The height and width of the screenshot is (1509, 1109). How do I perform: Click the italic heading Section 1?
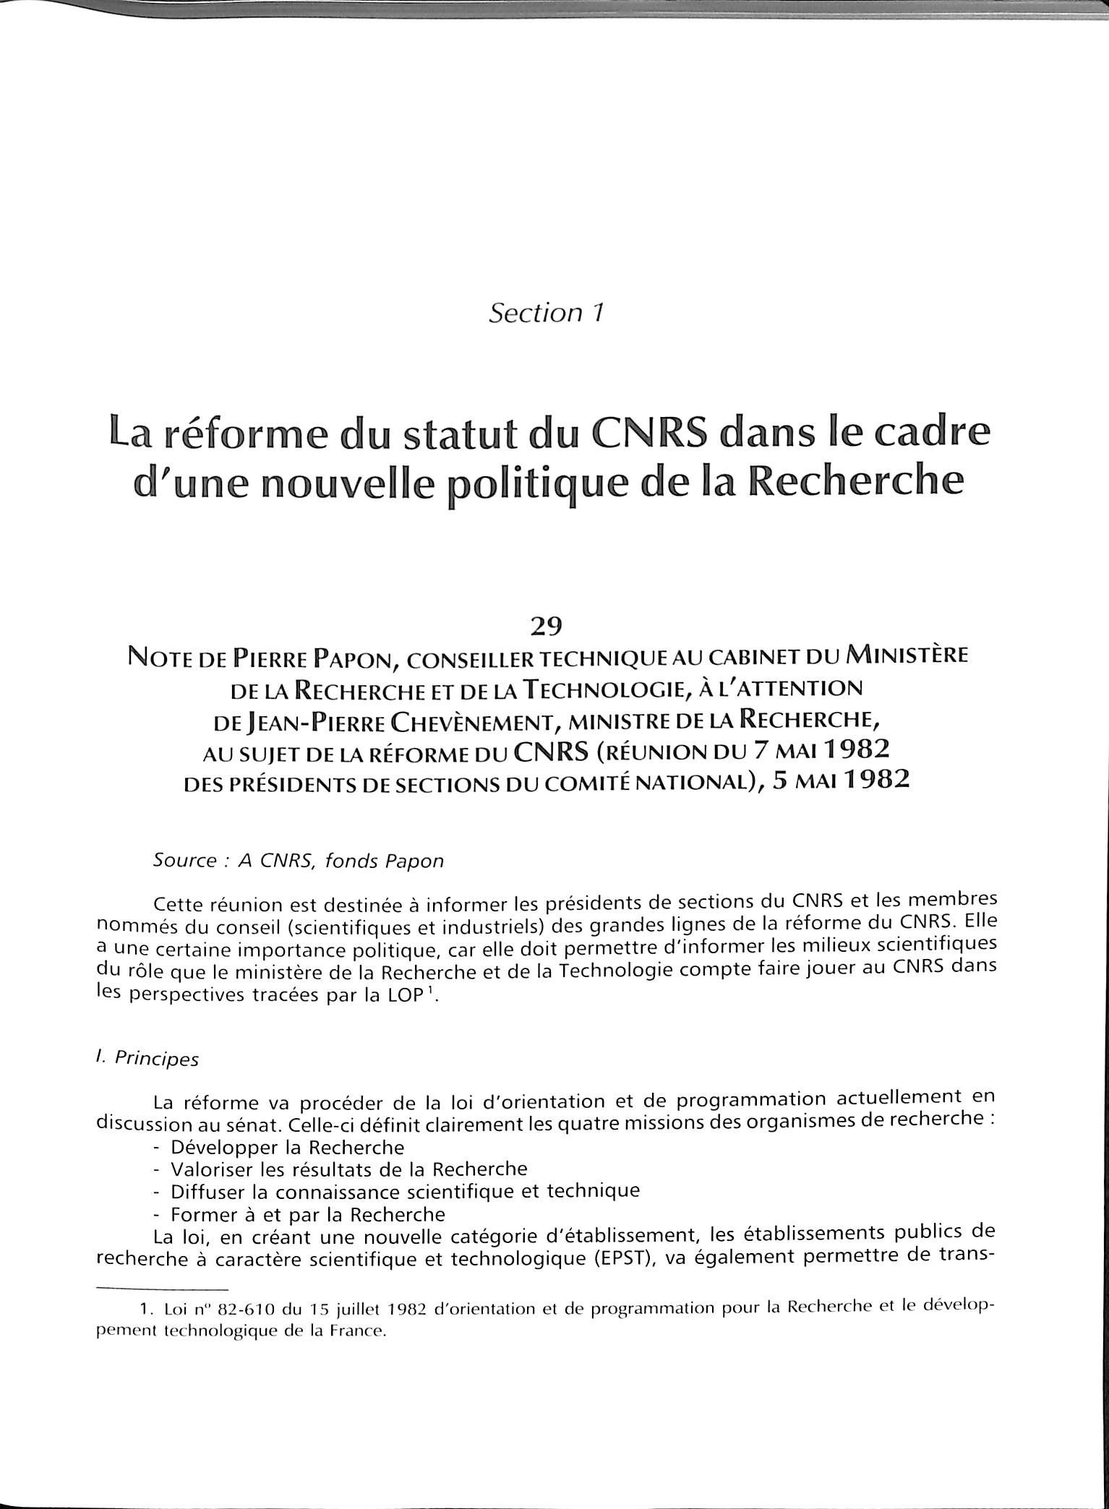pyautogui.click(x=546, y=313)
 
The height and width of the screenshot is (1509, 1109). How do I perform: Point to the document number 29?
pyautogui.click(x=546, y=626)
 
